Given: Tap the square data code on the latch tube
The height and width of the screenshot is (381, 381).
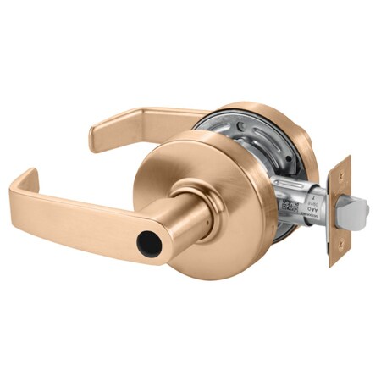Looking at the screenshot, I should pos(286,206).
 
